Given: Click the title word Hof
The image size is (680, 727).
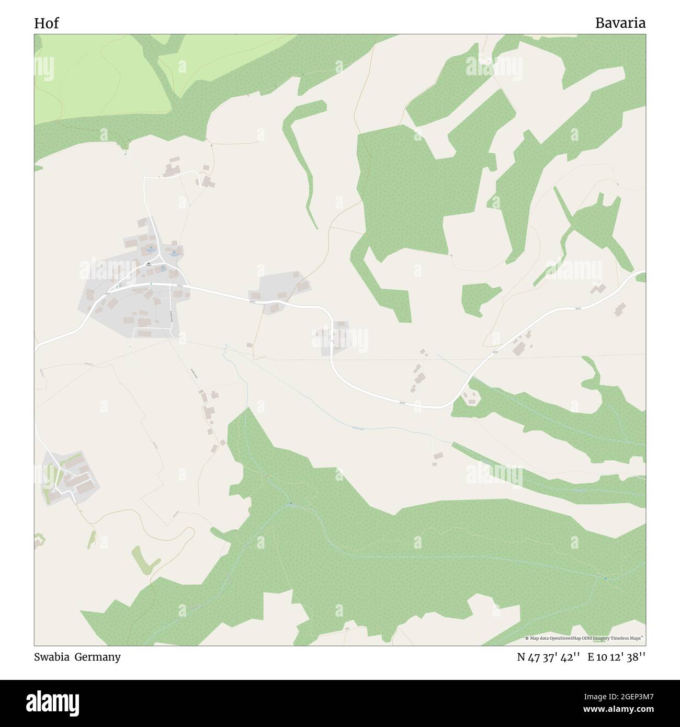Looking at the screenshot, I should coord(46,23).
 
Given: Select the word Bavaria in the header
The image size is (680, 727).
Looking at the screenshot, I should coord(620,23).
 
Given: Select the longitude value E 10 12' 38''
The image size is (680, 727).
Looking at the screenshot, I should coord(617,657).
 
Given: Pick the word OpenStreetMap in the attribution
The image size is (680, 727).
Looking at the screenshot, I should coord(565,638).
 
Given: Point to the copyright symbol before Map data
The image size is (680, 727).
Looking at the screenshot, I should coord(527,638).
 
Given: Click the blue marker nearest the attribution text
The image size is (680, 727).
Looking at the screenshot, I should coord(605,578).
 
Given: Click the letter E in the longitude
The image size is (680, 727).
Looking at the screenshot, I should coord(591,657).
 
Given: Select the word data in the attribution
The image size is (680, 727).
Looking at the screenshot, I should coord(543,638).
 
